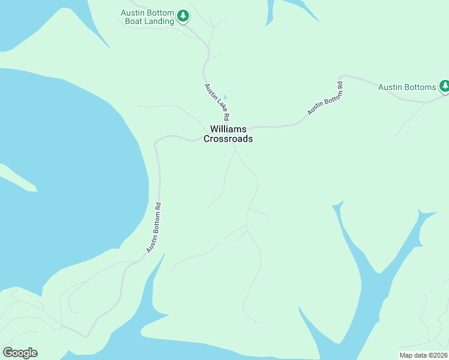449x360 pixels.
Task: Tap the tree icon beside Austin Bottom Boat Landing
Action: coord(183,16)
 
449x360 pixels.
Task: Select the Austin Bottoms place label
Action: coord(407,87)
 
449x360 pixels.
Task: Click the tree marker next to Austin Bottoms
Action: coord(445,86)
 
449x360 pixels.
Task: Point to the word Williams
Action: coord(228,129)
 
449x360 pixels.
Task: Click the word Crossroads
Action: coord(228,139)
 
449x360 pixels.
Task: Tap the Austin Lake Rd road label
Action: coord(217,101)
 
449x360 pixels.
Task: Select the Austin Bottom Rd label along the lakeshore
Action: coord(154,227)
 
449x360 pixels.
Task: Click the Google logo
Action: coord(20,353)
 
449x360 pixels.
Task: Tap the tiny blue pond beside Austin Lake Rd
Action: coord(225,97)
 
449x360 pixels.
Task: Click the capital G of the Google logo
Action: coord(8,352)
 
